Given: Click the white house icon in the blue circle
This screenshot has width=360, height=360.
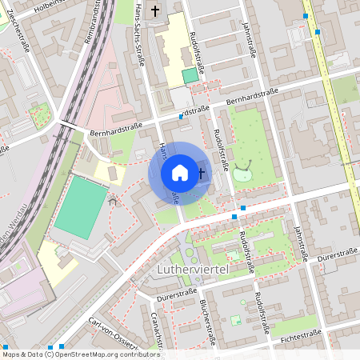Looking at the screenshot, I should [180, 173].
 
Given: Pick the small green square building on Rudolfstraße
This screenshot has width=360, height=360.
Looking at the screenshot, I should [190, 75].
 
